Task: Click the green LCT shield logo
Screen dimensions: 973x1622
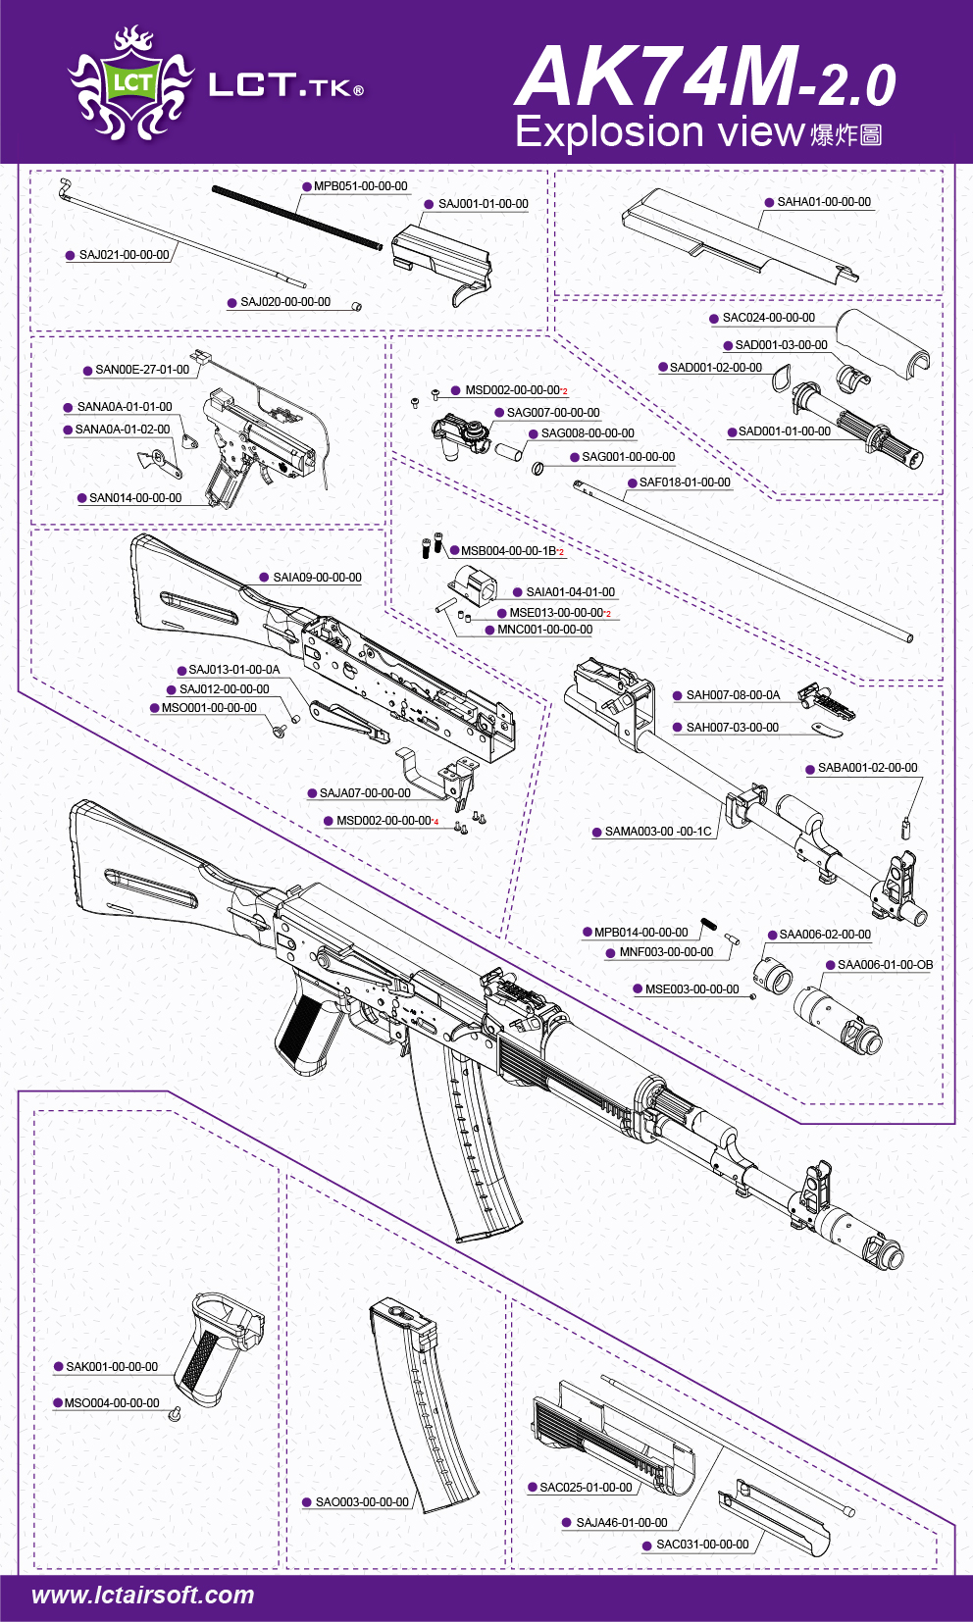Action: (131, 82)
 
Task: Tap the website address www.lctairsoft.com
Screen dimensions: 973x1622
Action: (143, 1596)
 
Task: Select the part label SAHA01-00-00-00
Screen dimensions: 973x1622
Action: (824, 202)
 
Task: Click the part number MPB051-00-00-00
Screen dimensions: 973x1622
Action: (360, 186)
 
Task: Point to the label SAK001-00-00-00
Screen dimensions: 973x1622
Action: (112, 1366)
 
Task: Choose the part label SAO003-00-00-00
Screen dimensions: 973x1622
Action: (362, 1501)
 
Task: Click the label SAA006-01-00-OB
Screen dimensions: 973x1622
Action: (885, 965)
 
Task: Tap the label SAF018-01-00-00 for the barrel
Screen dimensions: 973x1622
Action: (685, 482)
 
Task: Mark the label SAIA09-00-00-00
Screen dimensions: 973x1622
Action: (318, 577)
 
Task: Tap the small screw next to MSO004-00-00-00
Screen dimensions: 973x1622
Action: (175, 1413)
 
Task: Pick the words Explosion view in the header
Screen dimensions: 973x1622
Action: (660, 131)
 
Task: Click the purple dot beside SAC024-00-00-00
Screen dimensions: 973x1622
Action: (714, 319)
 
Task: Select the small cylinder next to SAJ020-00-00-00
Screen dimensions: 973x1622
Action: (356, 306)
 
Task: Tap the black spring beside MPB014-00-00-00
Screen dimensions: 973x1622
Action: (708, 926)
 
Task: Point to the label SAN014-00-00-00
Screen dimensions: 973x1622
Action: (135, 498)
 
